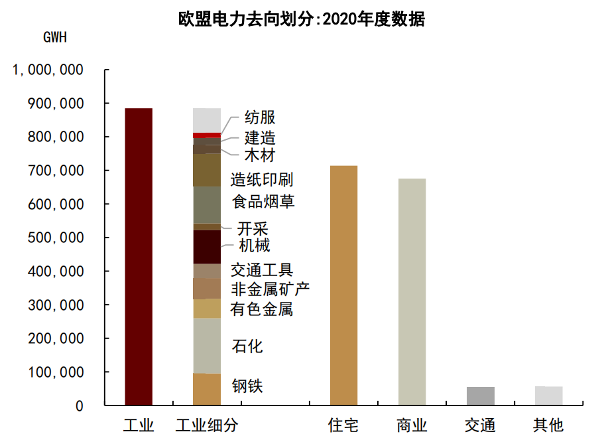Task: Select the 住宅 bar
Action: pos(343,285)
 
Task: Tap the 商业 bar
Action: pos(412,291)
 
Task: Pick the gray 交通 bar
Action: pos(480,396)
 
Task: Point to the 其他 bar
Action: pos(548,396)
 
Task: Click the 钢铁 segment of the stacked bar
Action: pos(207,389)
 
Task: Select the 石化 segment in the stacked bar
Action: pos(207,346)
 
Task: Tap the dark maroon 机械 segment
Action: pos(207,247)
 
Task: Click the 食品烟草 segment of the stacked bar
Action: pos(207,204)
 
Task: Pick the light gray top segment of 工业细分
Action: pos(207,120)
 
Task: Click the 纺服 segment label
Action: pos(259,118)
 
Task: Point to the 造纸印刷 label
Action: pos(262,180)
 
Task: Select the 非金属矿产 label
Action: pos(270,289)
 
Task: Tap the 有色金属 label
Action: pos(262,309)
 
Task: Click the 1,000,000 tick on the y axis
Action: pos(48,70)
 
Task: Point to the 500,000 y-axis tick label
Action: pos(56,238)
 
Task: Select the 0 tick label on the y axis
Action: pos(80,406)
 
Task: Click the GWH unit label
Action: pos(55,37)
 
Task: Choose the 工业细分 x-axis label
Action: pos(206,425)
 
